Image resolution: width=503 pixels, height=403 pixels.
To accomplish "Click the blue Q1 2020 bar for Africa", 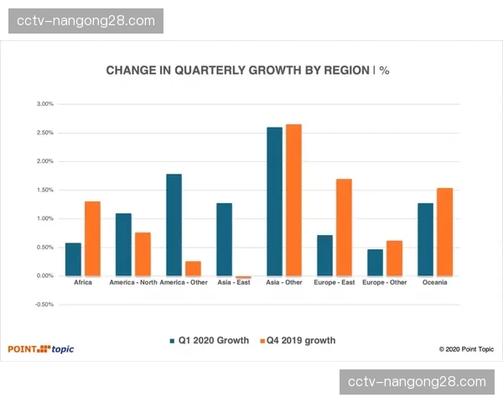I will click(x=73, y=259).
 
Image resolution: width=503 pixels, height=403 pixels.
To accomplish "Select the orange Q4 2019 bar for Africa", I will click(x=92, y=238).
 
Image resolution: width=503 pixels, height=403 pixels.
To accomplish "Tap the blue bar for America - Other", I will click(x=174, y=224).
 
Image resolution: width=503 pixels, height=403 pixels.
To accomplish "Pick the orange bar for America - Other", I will click(x=193, y=268).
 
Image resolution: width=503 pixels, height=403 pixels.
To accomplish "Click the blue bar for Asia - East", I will click(x=224, y=239).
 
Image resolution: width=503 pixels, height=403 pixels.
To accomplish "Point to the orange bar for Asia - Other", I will click(x=293, y=200).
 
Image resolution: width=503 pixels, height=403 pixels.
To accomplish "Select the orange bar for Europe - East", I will click(x=344, y=227).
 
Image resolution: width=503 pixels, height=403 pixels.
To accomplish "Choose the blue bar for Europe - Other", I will click(x=375, y=262).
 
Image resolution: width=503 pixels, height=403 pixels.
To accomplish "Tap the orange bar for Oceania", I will click(x=444, y=232).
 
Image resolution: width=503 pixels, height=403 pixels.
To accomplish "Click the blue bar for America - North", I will click(x=123, y=244).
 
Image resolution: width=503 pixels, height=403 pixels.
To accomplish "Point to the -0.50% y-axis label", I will click(x=44, y=304).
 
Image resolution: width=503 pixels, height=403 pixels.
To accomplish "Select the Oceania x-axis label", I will click(x=434, y=283).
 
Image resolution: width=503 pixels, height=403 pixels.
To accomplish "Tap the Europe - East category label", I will click(x=334, y=283).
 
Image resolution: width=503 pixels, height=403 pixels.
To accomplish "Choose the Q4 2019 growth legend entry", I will click(x=298, y=341).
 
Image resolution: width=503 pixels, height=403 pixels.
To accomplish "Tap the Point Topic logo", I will click(x=41, y=348).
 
